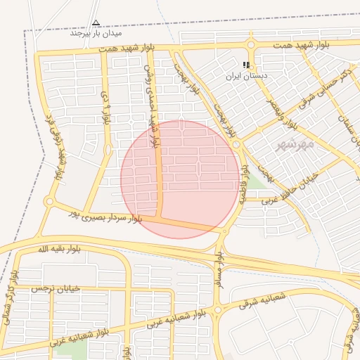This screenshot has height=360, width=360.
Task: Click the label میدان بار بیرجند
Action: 96,33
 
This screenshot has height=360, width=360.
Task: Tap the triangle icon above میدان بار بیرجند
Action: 96,22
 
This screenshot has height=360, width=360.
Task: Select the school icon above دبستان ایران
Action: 246,64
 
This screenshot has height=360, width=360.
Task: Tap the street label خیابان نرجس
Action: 56,288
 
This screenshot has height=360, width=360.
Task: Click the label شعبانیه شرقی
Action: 263,300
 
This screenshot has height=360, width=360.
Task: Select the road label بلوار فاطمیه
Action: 244,184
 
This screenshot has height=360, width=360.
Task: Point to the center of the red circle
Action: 179,179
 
